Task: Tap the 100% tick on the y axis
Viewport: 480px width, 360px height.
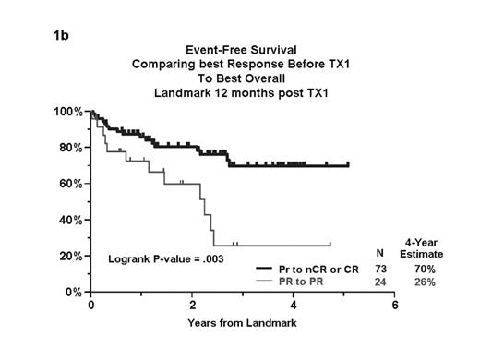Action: [x=69, y=112]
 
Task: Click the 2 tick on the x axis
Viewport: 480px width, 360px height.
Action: [x=192, y=305]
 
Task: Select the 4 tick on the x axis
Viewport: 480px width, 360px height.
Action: [x=294, y=305]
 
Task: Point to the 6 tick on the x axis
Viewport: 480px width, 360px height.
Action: [x=394, y=305]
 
